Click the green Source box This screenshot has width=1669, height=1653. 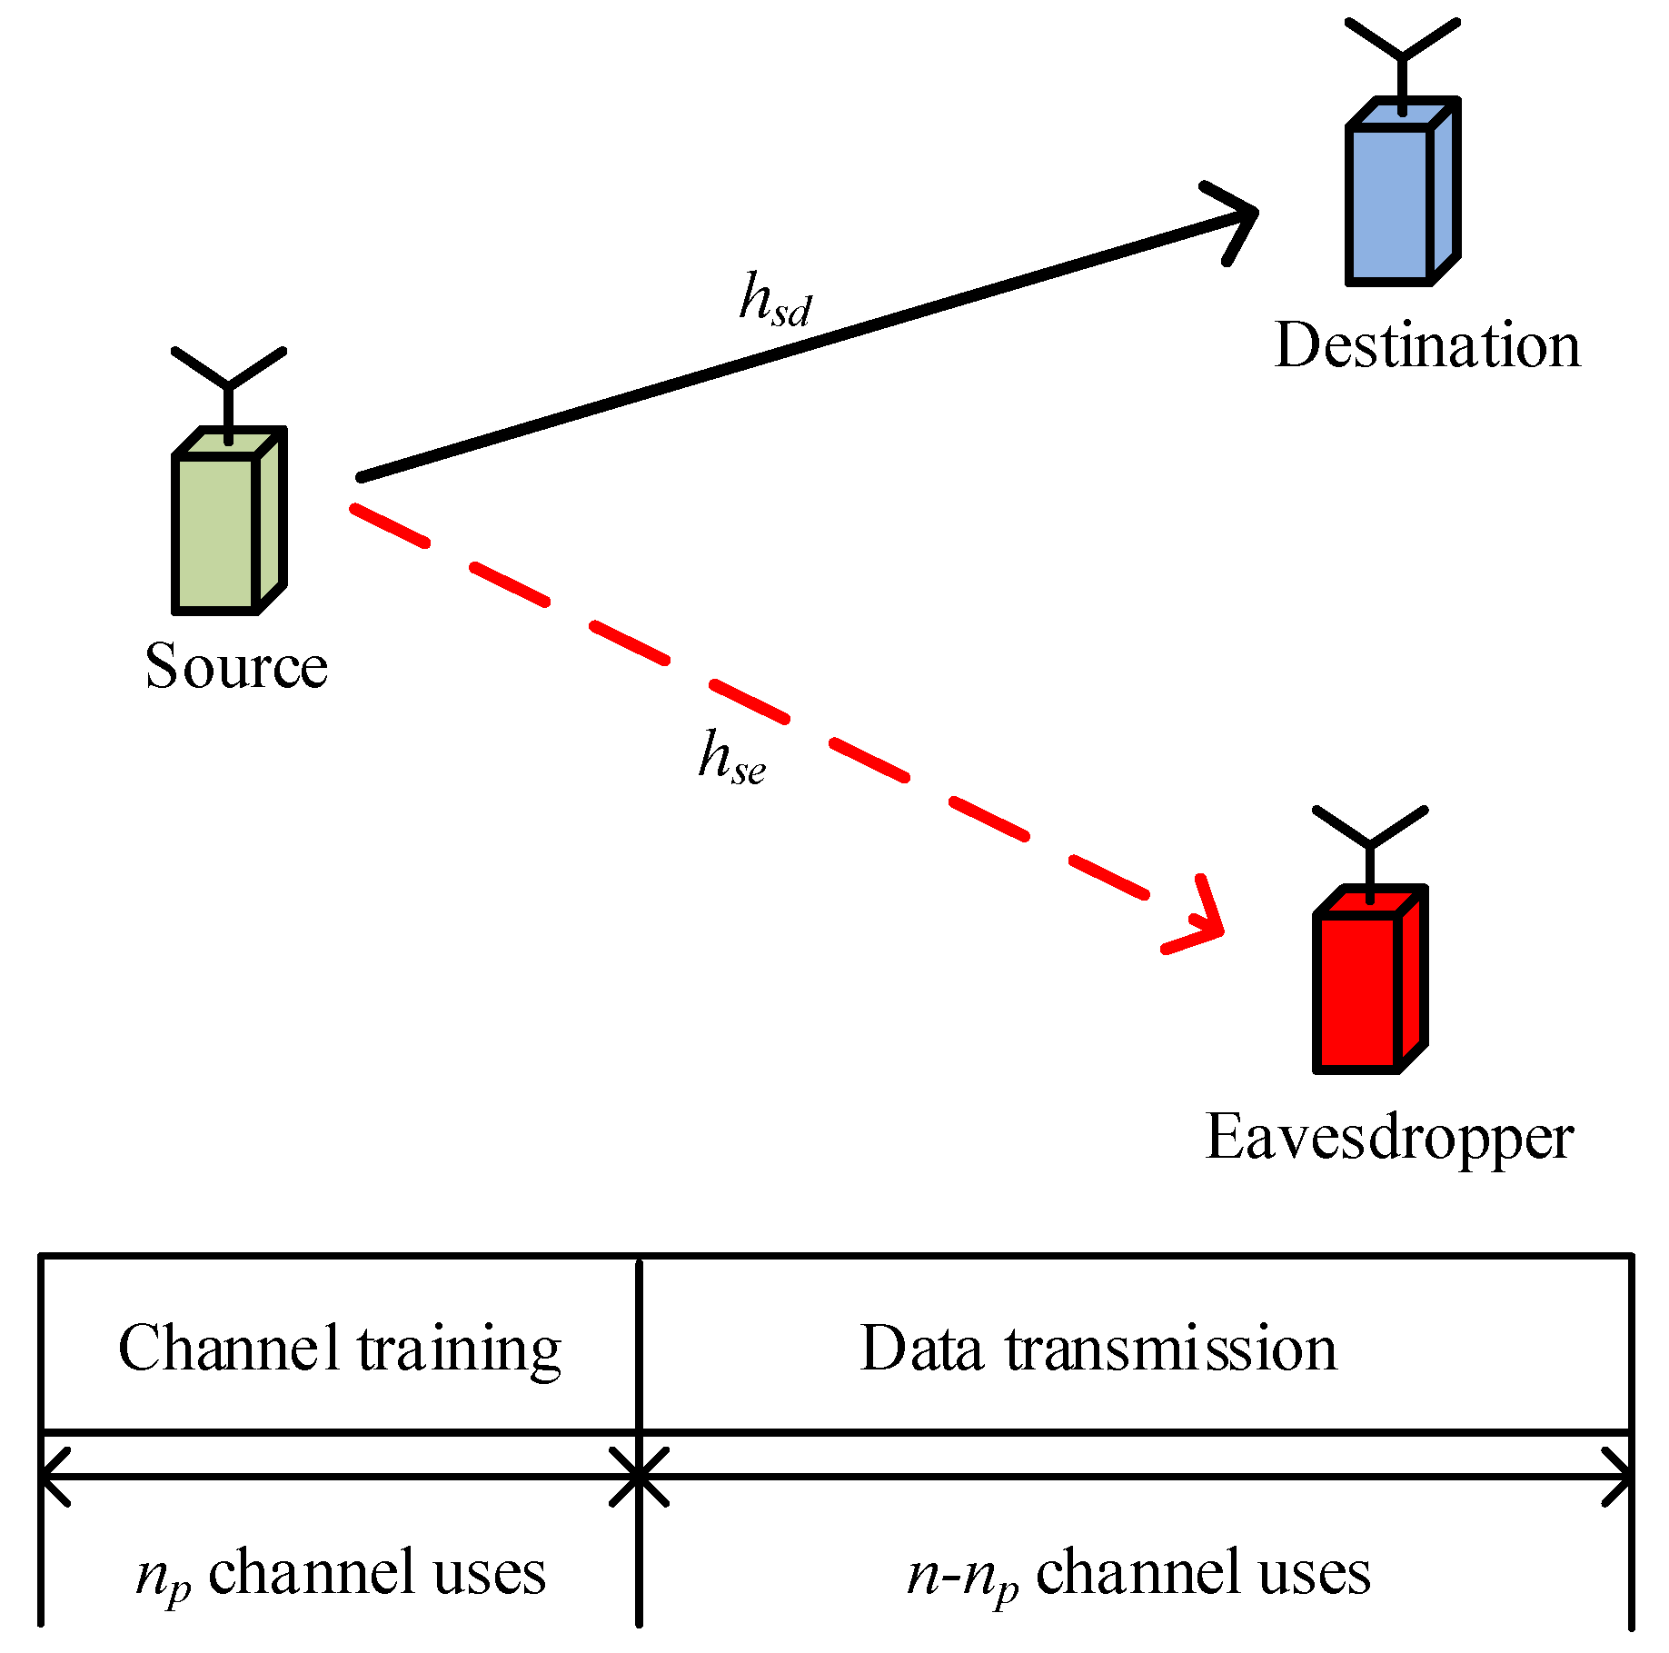click(218, 532)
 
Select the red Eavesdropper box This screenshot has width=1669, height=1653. click(1359, 991)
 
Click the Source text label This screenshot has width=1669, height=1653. click(236, 666)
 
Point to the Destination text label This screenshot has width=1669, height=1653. click(1427, 346)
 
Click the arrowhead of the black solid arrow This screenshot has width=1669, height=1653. click(1236, 218)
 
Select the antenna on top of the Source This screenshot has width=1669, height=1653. click(229, 382)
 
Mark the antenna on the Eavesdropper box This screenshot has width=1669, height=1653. click(1370, 841)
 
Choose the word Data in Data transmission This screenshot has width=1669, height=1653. click(921, 1348)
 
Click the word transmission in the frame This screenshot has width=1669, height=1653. click(1171, 1348)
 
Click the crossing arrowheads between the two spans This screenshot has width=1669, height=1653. click(639, 1477)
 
